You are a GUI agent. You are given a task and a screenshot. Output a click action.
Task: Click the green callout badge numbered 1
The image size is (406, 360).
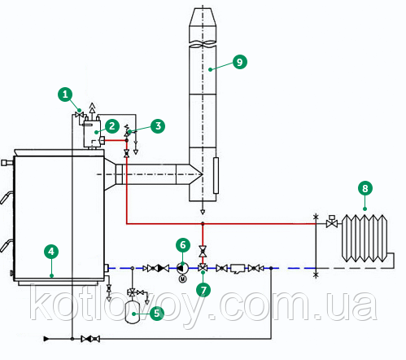(65, 94)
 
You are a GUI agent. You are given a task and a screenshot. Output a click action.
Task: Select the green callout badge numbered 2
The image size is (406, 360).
(112, 126)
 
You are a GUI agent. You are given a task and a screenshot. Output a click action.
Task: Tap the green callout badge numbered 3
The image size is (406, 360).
(158, 126)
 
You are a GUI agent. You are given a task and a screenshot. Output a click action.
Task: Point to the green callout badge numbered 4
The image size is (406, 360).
(51, 252)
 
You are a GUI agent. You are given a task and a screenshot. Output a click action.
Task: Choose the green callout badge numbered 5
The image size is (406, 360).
(157, 313)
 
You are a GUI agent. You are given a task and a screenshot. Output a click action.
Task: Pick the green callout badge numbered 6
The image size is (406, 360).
(183, 245)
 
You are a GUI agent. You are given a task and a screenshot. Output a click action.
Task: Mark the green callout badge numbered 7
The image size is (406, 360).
(203, 290)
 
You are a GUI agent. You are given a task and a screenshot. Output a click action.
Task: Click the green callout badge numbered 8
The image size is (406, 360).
(365, 188)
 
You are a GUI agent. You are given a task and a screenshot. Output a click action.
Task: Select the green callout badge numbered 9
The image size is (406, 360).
(240, 62)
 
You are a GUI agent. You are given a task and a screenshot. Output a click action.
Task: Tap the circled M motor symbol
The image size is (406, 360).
(183, 279)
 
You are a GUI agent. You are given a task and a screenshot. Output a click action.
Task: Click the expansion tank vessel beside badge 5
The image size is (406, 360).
(133, 312)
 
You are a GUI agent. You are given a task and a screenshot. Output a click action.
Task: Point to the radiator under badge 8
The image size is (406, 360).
(365, 238)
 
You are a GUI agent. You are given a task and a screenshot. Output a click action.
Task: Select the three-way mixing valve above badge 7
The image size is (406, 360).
(203, 268)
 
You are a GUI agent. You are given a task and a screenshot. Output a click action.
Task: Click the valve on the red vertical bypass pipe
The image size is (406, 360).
(203, 252)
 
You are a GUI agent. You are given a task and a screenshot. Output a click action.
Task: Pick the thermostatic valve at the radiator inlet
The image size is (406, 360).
(331, 222)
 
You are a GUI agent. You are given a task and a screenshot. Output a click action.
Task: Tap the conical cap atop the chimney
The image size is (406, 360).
(203, 17)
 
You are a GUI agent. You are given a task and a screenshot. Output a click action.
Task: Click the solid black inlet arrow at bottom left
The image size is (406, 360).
(46, 339)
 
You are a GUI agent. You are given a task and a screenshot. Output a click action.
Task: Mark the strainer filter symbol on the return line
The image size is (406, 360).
(238, 269)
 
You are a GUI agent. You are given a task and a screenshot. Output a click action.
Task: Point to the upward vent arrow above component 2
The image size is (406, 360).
(92, 108)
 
